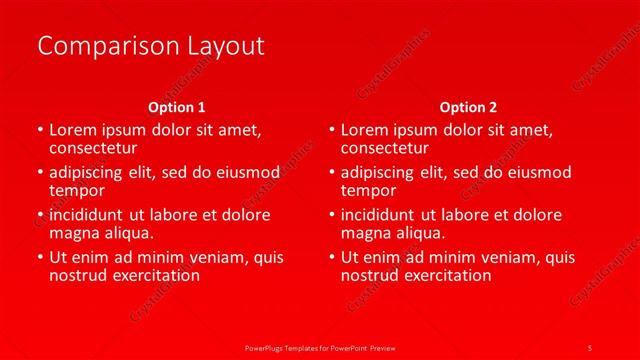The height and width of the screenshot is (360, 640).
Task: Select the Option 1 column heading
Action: coord(177,106)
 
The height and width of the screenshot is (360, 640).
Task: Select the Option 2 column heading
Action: coord(468,106)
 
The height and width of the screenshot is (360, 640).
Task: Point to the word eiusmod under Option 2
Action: coord(536,172)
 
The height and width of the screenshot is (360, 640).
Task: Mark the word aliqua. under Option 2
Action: coord(420,233)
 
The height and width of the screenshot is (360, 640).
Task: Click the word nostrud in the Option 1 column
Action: coord(78,275)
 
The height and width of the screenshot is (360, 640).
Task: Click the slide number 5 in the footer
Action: coord(590,347)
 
